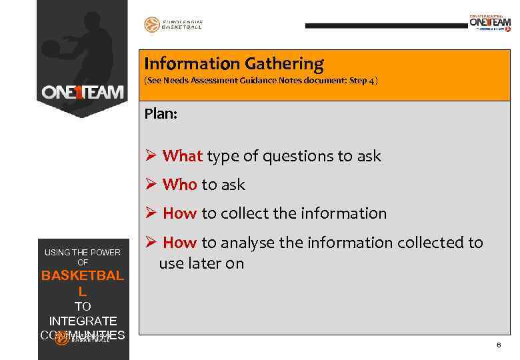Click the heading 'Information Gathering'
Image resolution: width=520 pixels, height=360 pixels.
click(234, 64)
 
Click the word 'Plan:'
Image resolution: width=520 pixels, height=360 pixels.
click(161, 114)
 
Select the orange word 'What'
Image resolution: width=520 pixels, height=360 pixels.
click(182, 156)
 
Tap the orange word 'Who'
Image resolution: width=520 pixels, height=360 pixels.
click(179, 185)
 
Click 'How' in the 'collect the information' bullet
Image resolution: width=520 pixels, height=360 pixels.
click(180, 213)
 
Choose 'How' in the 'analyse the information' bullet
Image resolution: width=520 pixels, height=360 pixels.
click(180, 243)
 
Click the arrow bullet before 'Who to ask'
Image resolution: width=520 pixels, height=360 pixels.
click(151, 185)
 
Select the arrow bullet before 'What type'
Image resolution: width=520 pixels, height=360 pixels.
click(151, 156)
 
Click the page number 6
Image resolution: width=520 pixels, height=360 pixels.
click(498, 345)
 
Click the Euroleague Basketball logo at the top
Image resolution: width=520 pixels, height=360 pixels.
click(173, 25)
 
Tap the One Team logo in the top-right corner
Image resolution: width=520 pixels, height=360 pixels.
click(490, 23)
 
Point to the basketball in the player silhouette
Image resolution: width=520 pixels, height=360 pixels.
click(51, 48)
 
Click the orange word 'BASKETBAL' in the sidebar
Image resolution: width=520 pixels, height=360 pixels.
click(83, 276)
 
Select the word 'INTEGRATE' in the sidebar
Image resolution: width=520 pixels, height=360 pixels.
click(83, 321)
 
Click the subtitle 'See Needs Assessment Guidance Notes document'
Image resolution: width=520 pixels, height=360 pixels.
click(261, 81)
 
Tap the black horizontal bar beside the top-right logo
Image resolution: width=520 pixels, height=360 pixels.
click(386, 25)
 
